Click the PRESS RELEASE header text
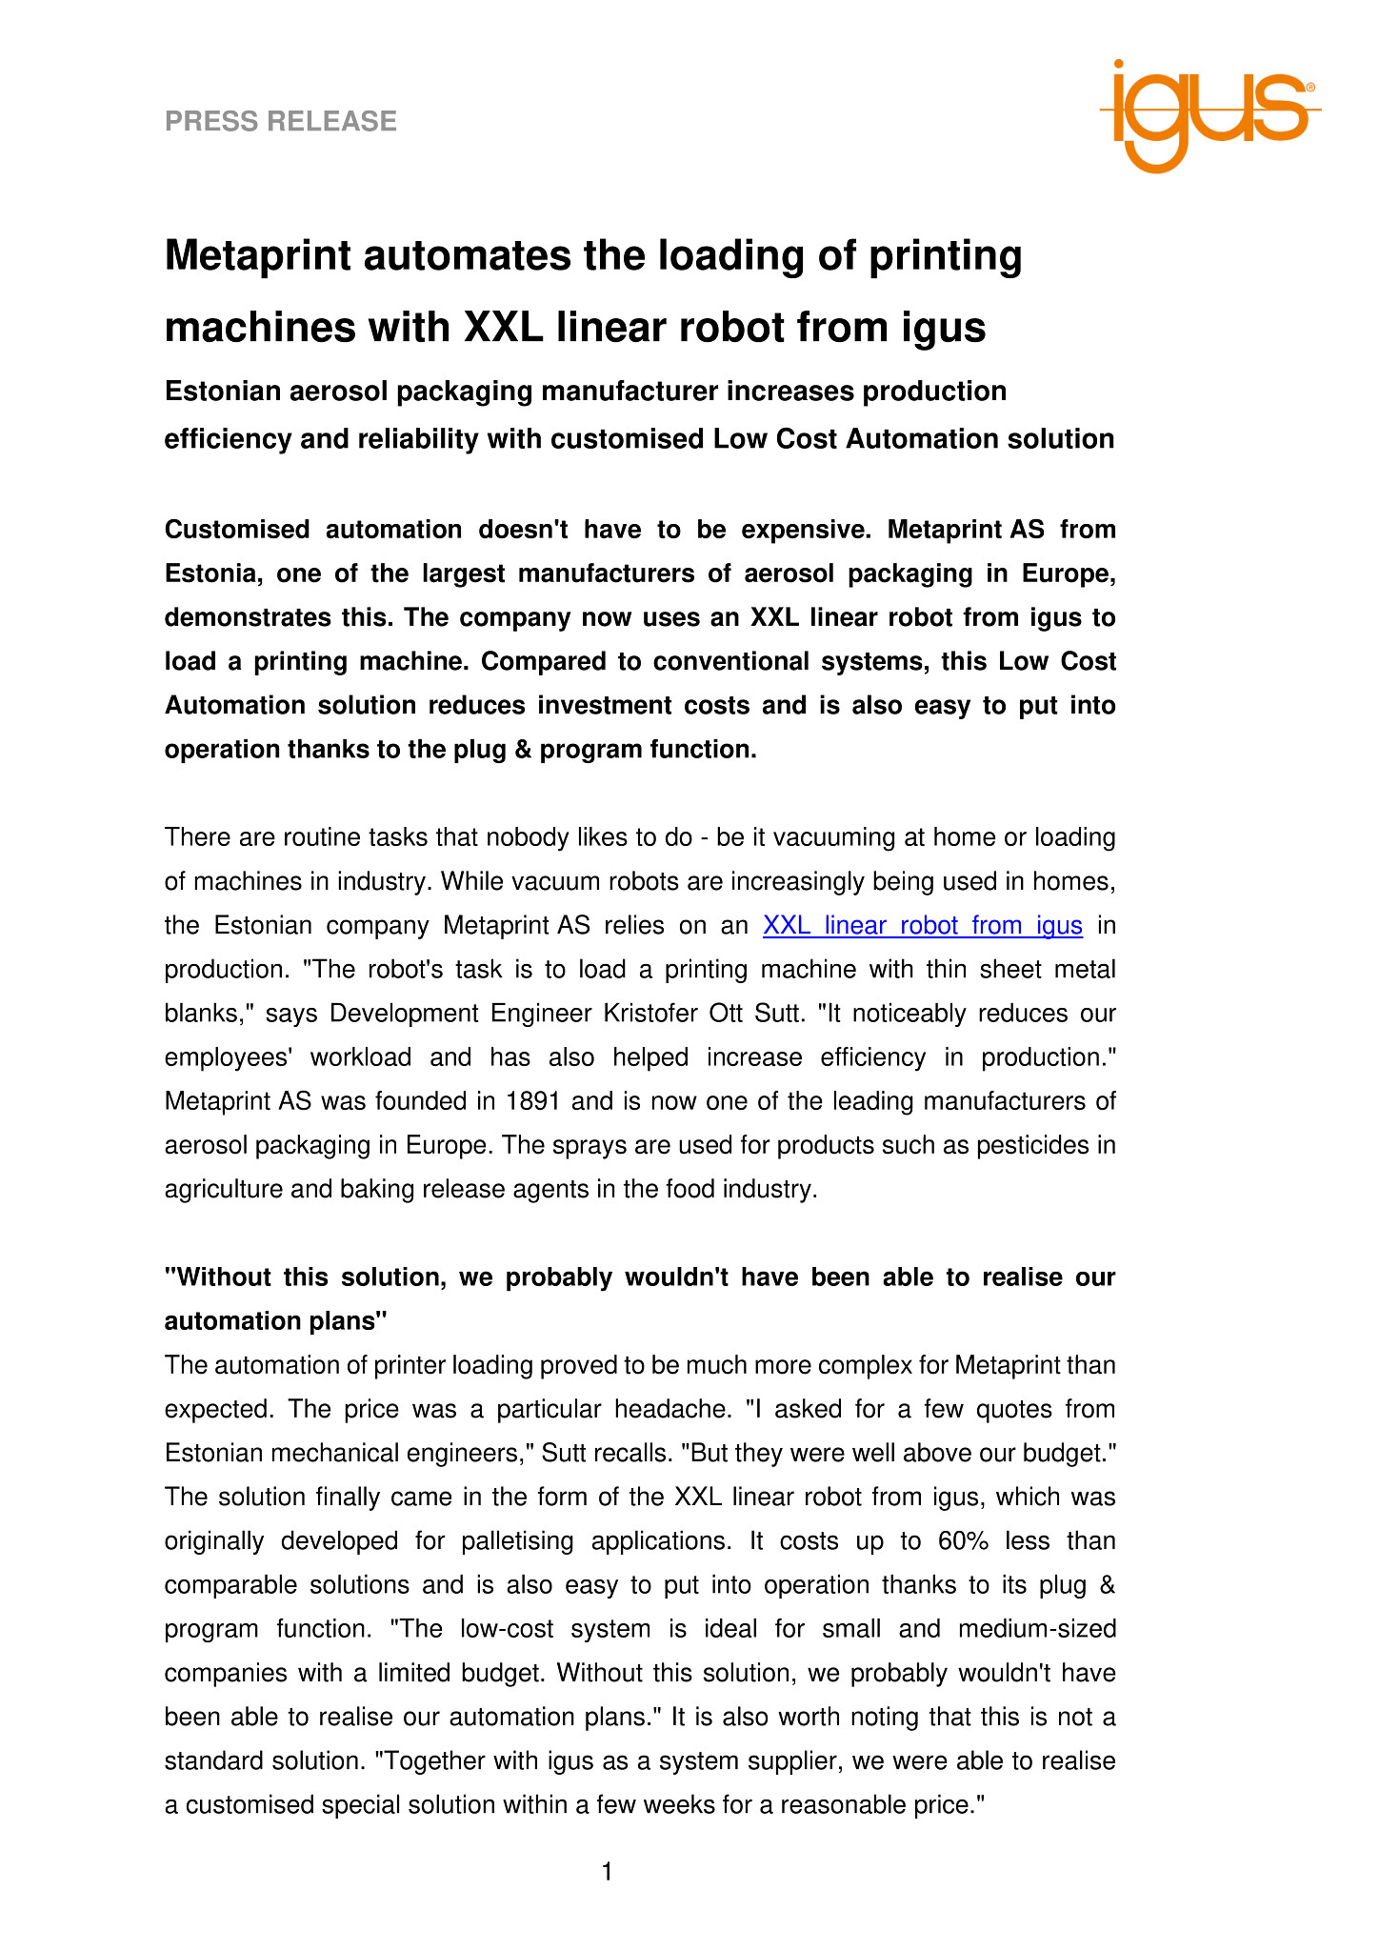coord(281,121)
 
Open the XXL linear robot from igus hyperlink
coord(922,925)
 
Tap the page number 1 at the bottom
coord(608,1872)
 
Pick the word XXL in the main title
coord(502,328)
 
